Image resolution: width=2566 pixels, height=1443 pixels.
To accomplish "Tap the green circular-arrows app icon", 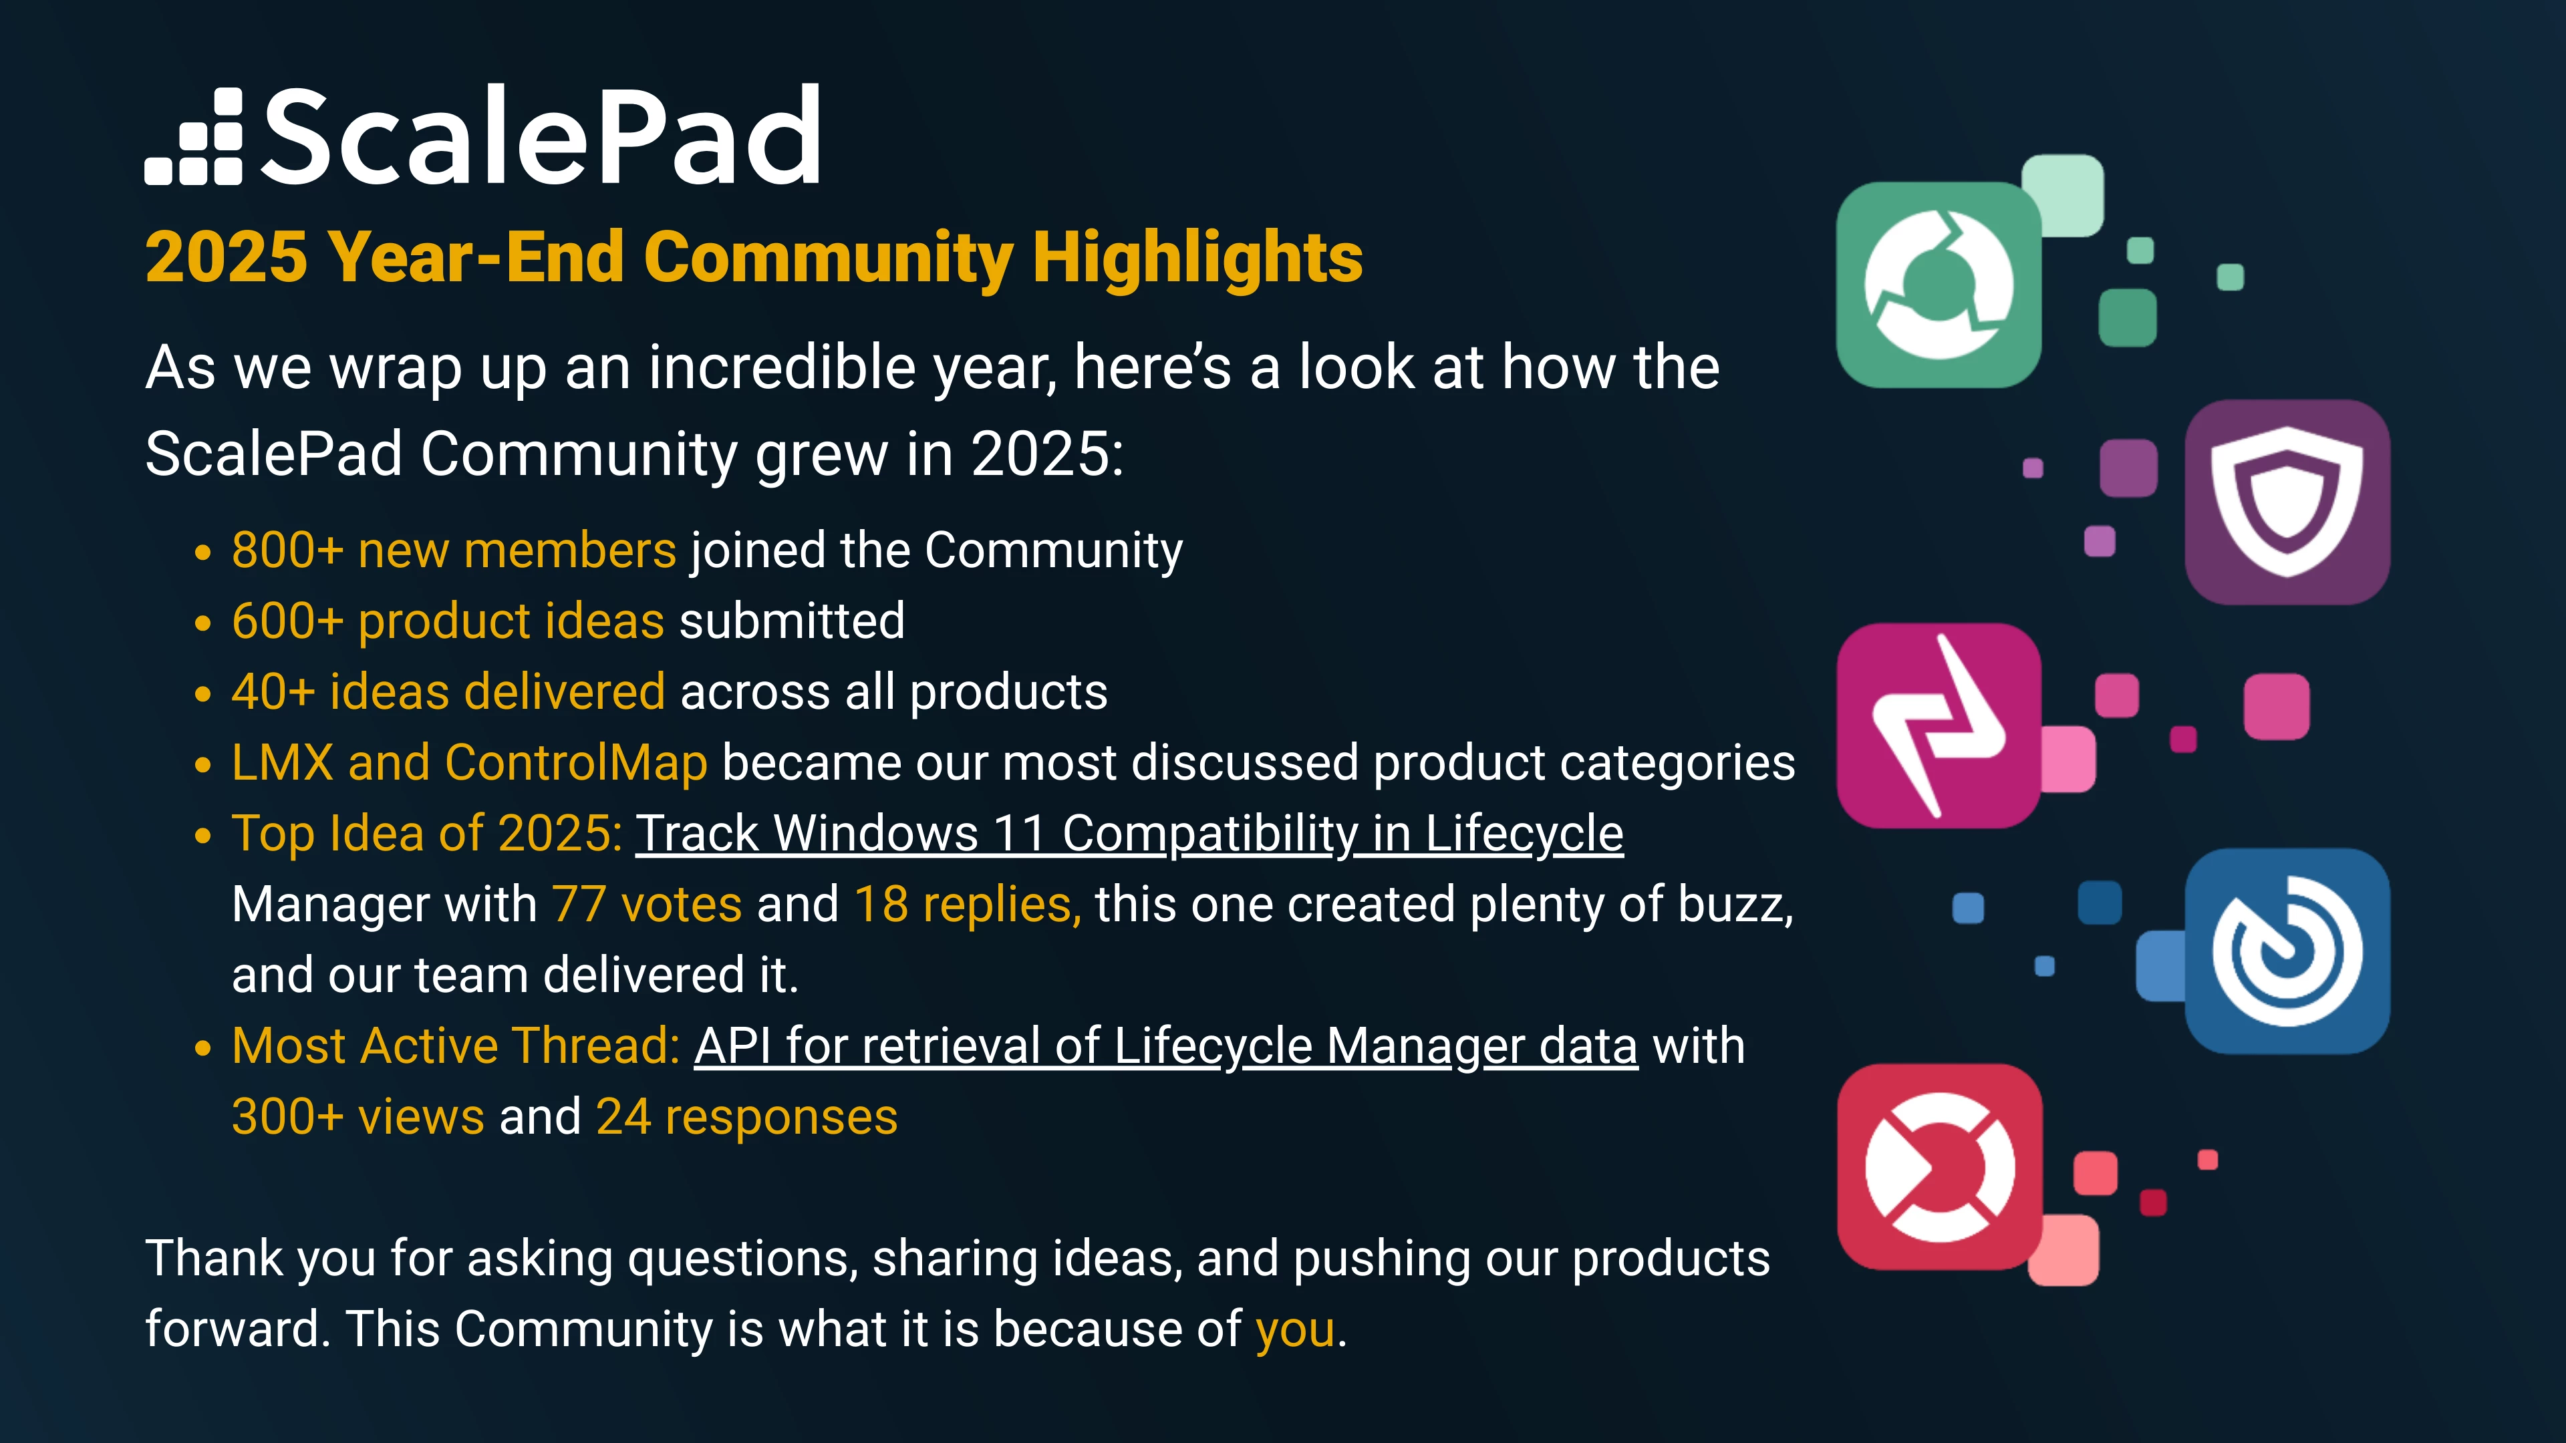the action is (x=1939, y=285).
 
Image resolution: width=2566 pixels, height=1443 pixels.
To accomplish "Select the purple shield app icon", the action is (x=2287, y=502).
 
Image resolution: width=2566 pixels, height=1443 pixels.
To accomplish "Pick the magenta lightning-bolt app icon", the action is (x=1939, y=726).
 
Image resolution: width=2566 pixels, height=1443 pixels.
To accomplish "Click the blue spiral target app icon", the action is (x=2287, y=951).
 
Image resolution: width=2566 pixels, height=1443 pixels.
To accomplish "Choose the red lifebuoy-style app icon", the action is (x=1939, y=1167).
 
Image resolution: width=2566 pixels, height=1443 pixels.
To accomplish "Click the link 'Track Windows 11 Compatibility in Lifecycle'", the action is (x=1129, y=834).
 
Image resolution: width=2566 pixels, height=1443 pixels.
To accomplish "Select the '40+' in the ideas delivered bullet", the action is (x=274, y=692).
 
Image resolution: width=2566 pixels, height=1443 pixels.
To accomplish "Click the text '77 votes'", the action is (x=646, y=905).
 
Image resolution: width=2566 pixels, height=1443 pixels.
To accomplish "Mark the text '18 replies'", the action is (x=967, y=905).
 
